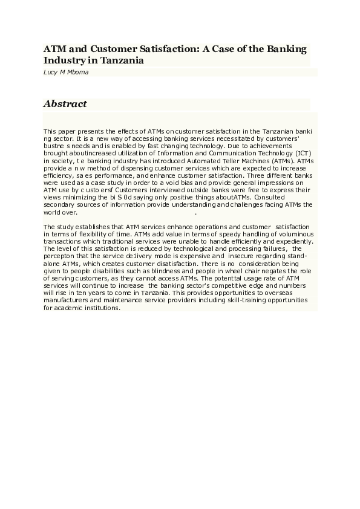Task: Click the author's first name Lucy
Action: click(50, 71)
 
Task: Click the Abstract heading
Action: click(65, 104)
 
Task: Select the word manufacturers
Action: click(65, 300)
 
